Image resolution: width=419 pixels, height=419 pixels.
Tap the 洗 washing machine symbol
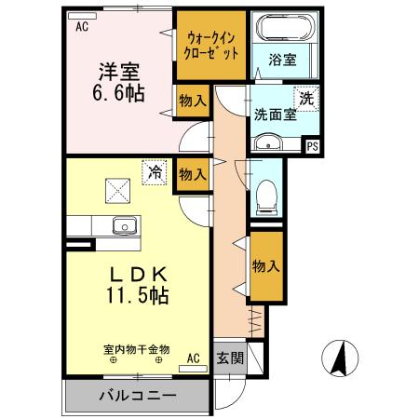point(306,96)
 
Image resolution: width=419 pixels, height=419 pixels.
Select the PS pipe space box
point(312,144)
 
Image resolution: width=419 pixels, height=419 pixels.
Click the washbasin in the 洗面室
point(269,143)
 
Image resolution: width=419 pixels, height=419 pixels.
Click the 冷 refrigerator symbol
point(155,171)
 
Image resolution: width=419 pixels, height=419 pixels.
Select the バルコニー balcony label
point(137,396)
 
